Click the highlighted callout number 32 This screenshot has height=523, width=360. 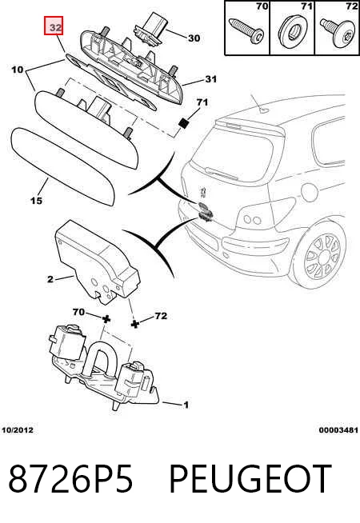click(x=54, y=26)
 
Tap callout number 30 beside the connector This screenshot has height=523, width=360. click(x=194, y=38)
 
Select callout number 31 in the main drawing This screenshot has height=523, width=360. click(x=211, y=79)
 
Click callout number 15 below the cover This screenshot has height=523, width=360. click(x=36, y=201)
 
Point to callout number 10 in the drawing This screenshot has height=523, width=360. click(x=18, y=70)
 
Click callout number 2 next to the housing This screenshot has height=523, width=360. click(x=50, y=279)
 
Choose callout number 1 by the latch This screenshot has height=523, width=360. click(x=186, y=405)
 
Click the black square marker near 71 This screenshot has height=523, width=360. click(x=183, y=123)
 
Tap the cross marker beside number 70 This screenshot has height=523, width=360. click(x=106, y=319)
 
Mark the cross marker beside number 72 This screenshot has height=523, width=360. click(x=134, y=324)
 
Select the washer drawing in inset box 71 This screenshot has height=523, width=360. click(x=292, y=30)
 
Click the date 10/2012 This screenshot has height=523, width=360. click(x=18, y=430)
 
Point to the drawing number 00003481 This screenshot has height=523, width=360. click(x=338, y=430)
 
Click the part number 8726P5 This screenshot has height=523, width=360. click(x=70, y=479)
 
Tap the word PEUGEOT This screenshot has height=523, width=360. click(x=250, y=479)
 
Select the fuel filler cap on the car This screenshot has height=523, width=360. click(x=310, y=191)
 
